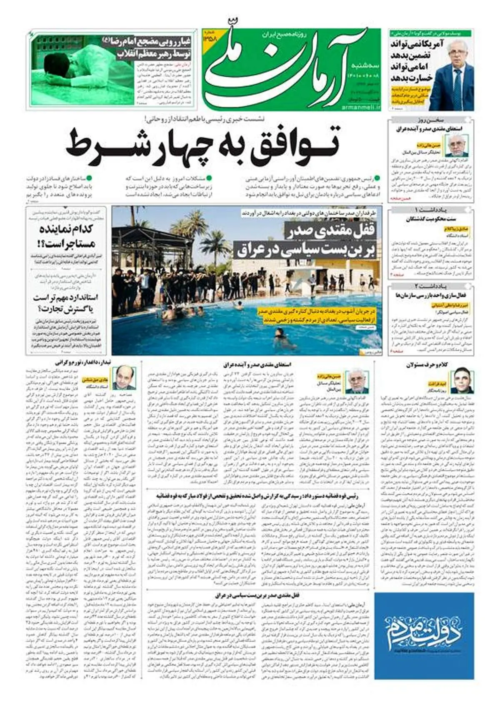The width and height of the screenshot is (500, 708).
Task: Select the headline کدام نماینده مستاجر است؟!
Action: pyautogui.click(x=67, y=236)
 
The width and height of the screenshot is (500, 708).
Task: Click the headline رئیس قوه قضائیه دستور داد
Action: pyautogui.click(x=258, y=496)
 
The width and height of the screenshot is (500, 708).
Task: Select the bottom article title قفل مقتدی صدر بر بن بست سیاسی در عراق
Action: pyautogui.click(x=258, y=595)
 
